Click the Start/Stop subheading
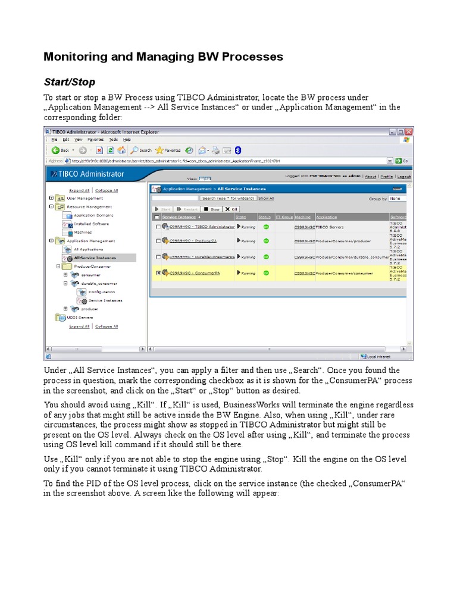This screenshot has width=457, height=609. click(x=69, y=81)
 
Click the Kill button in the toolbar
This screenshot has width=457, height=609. click(x=232, y=209)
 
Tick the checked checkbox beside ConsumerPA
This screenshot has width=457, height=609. click(x=158, y=273)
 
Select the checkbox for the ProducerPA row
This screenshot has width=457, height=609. click(x=158, y=241)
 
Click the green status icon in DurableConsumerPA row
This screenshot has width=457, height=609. click(x=266, y=257)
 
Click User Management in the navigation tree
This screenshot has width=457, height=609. click(x=84, y=198)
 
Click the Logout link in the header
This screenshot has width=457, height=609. click(x=404, y=177)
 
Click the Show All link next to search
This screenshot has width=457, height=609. click(x=266, y=198)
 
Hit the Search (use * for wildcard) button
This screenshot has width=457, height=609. click(x=228, y=198)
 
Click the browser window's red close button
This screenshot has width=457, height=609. click(x=409, y=131)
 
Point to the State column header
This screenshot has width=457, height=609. click(x=240, y=217)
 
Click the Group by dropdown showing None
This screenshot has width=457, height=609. click(x=397, y=198)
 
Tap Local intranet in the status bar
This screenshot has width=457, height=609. click(x=378, y=356)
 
